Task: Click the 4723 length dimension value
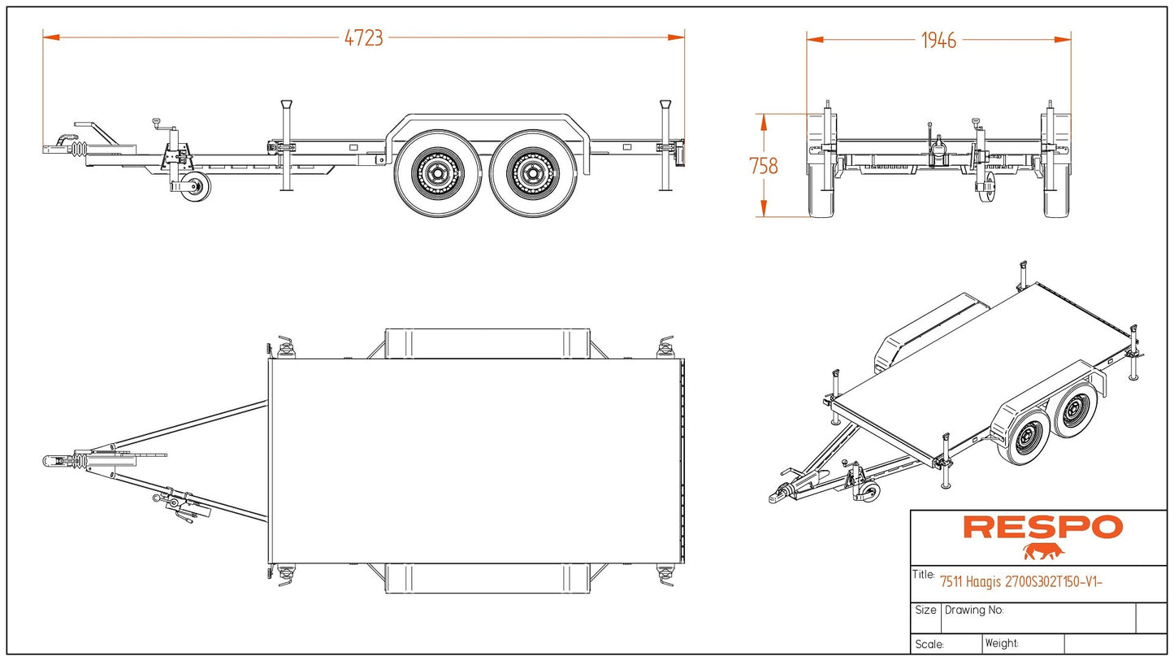coord(363,38)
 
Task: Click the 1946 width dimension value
coord(938,40)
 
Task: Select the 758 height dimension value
coord(763,166)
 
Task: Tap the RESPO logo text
coord(1042,528)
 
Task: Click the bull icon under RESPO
coord(1043,553)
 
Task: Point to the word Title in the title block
coord(923,575)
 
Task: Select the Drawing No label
coord(974,610)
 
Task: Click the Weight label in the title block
coord(1002,643)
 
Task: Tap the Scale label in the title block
coord(929,644)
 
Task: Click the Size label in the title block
coord(925,610)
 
